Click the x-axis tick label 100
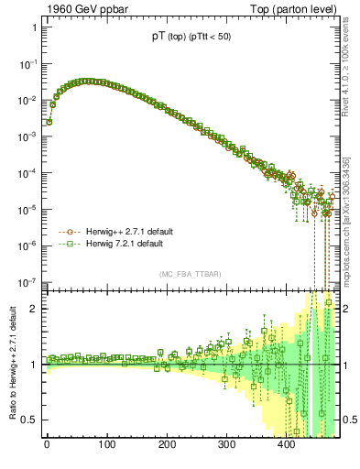(x=106, y=445)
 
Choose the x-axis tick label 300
(x=226, y=445)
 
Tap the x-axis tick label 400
(x=286, y=445)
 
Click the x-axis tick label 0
(x=47, y=445)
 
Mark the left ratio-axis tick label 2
(x=34, y=309)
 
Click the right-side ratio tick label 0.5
(x=349, y=420)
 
